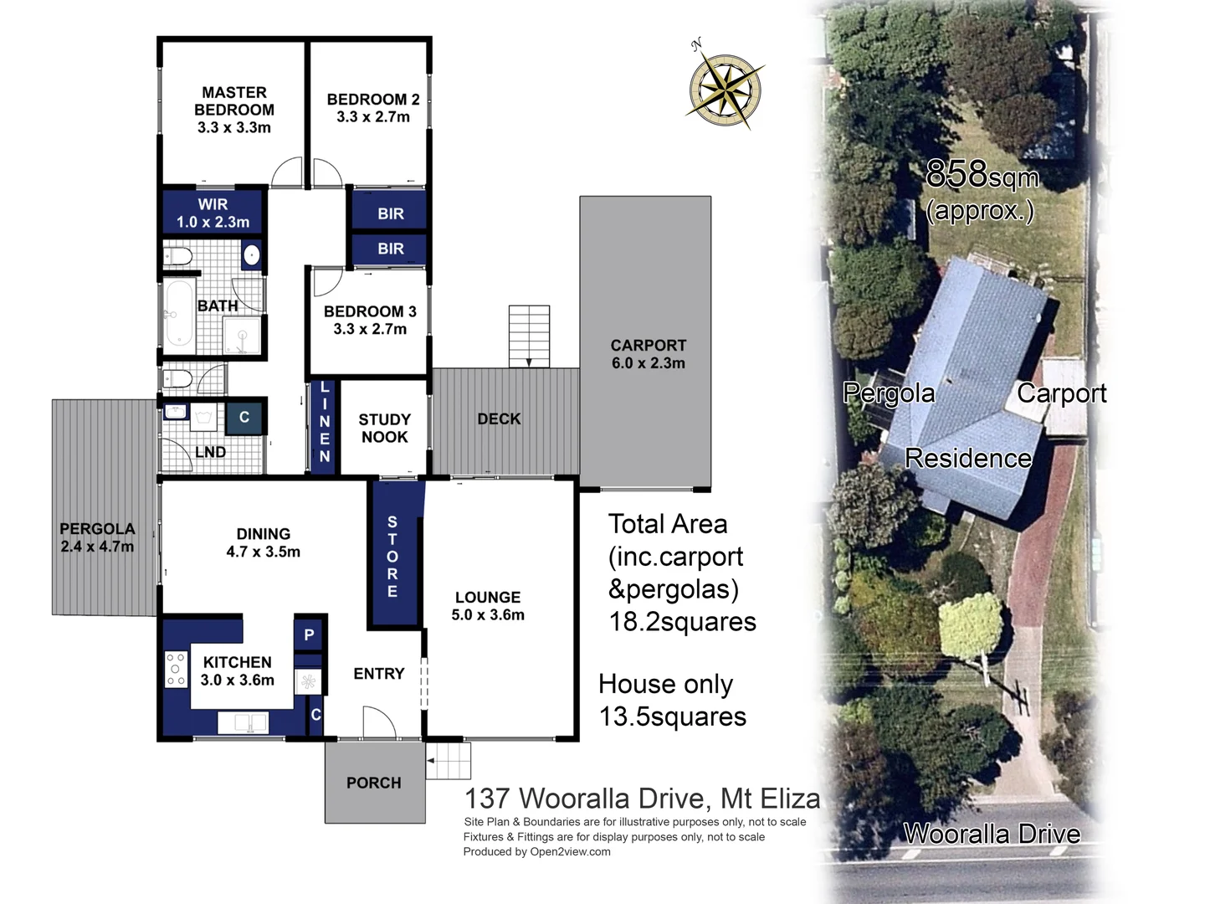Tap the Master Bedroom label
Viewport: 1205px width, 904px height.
click(x=234, y=101)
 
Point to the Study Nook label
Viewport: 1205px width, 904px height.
click(x=384, y=428)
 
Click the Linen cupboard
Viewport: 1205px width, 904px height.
click(x=325, y=424)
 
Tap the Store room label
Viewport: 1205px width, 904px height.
click(x=392, y=557)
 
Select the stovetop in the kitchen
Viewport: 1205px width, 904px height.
click(x=176, y=669)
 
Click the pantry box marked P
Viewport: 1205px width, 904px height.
click(x=309, y=634)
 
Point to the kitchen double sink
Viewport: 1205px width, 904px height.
click(x=243, y=722)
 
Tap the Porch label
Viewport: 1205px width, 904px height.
click(x=374, y=783)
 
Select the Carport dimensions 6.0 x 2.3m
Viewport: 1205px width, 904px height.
click(x=648, y=363)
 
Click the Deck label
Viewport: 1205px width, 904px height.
click(x=499, y=419)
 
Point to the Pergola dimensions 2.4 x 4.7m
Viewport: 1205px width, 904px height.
click(x=97, y=547)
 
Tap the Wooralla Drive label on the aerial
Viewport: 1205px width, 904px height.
click(x=992, y=834)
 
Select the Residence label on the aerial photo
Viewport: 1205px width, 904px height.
click(x=968, y=458)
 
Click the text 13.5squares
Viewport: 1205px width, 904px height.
click(x=673, y=717)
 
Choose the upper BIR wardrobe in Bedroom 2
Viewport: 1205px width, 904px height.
click(x=391, y=213)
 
